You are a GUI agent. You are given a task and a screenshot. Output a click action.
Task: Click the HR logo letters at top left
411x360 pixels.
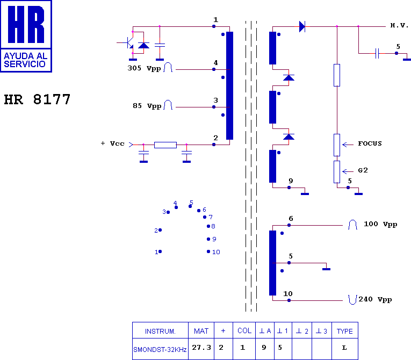click(x=26, y=24)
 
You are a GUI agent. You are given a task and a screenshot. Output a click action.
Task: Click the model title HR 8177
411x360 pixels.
click(x=37, y=99)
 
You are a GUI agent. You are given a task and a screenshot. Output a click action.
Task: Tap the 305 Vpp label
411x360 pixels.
click(x=144, y=68)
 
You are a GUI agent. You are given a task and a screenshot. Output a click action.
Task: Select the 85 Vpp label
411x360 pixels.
click(x=147, y=106)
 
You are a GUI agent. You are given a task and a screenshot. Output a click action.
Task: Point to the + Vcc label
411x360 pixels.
click(x=112, y=143)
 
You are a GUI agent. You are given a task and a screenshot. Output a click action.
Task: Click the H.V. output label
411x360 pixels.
click(x=399, y=25)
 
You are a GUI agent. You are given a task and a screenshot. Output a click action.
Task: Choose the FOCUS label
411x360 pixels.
click(x=370, y=143)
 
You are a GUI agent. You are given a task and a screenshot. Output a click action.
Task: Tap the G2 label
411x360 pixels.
click(x=363, y=170)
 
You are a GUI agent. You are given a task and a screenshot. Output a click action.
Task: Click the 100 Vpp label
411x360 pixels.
click(x=380, y=224)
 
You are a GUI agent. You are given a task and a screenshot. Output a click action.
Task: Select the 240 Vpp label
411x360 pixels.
click(x=375, y=299)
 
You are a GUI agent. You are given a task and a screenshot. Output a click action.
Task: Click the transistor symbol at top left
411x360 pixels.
click(x=128, y=43)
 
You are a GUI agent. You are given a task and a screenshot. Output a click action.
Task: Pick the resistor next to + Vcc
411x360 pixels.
click(x=165, y=145)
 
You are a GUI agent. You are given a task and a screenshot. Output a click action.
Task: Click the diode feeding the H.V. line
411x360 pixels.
click(x=302, y=26)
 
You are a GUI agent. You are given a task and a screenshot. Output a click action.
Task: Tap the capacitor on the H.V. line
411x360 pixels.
click(x=377, y=53)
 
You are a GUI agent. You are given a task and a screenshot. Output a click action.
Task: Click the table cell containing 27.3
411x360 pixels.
click(x=201, y=349)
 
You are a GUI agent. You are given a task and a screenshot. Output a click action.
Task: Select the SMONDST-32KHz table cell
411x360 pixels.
click(x=160, y=349)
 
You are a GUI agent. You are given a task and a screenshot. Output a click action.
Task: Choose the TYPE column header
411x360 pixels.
click(x=345, y=330)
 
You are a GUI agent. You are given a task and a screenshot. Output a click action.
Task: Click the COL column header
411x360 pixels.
click(x=244, y=330)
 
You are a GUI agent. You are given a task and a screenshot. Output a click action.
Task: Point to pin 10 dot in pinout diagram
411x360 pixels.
click(x=208, y=251)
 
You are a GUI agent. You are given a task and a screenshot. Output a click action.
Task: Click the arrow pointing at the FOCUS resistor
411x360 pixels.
click(x=348, y=145)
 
